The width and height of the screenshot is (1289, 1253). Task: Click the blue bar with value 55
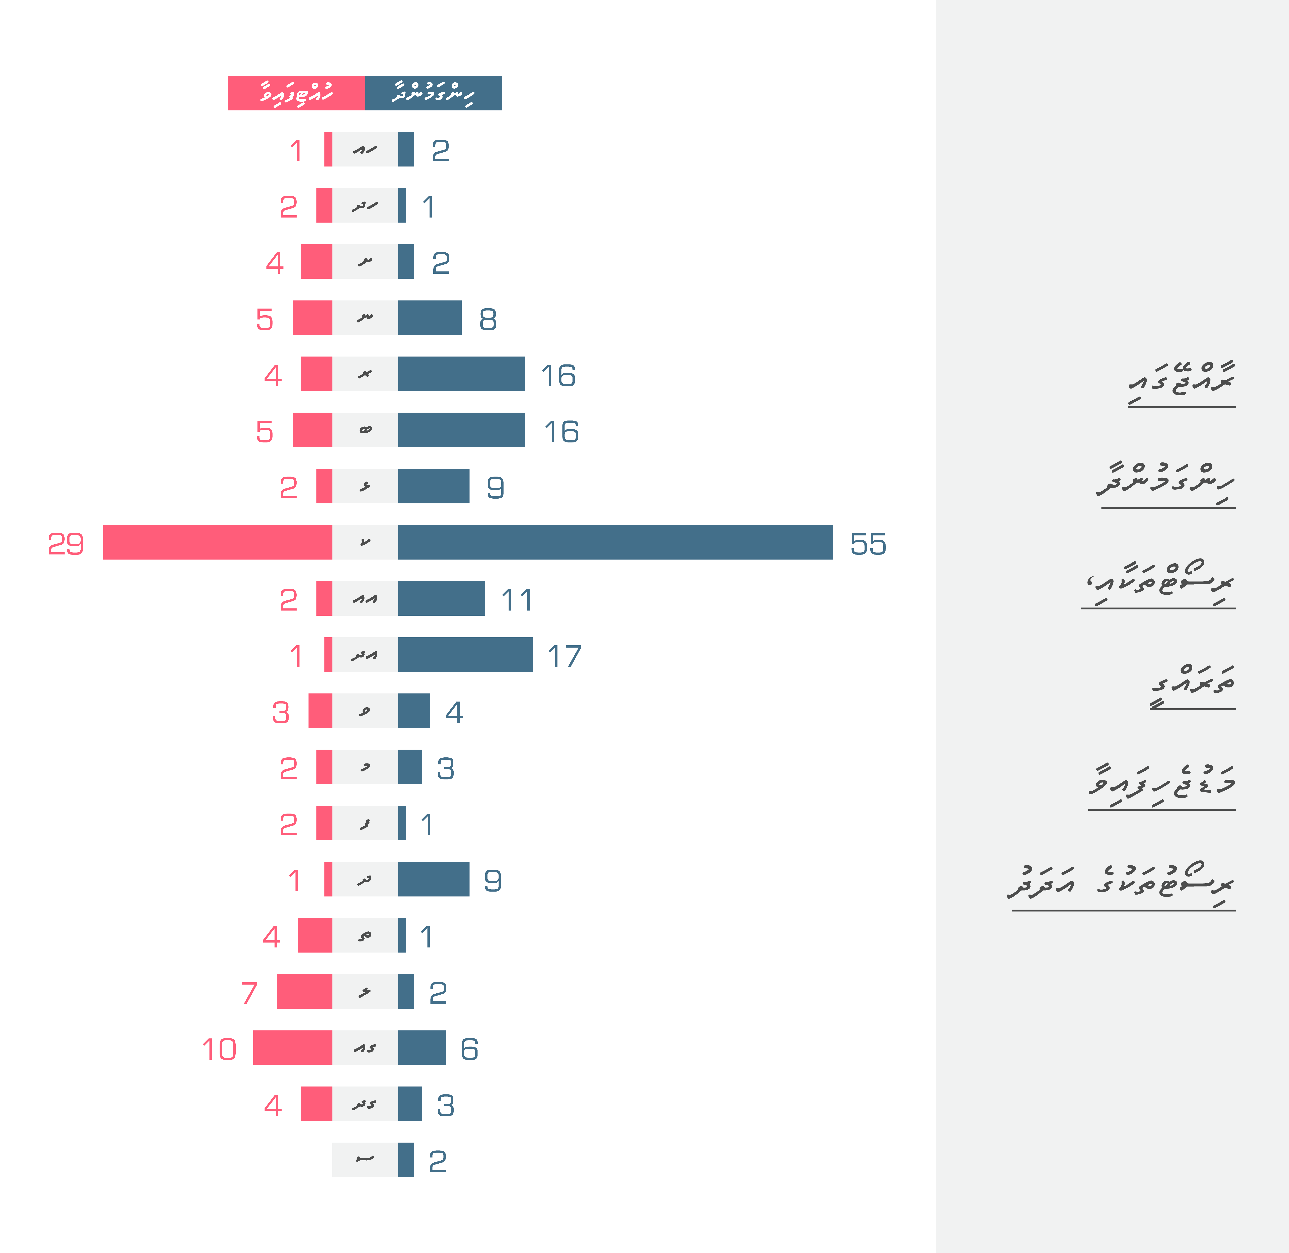[615, 542]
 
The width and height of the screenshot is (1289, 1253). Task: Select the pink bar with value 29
[217, 542]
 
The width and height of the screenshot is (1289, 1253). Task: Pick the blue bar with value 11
[441, 598]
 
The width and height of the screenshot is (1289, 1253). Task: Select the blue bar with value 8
[429, 318]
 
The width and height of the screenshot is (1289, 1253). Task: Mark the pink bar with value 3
[320, 711]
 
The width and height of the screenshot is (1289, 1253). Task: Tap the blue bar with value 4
[413, 711]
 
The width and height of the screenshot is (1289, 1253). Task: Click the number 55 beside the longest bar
[868, 544]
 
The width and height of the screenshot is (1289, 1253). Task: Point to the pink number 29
[66, 544]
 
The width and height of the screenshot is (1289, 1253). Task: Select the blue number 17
[564, 656]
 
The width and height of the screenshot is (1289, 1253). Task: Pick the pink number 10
[219, 1049]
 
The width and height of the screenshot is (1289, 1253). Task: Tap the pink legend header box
[296, 93]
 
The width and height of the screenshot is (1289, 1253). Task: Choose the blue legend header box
[433, 93]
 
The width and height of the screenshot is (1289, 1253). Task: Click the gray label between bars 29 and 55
[365, 542]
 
